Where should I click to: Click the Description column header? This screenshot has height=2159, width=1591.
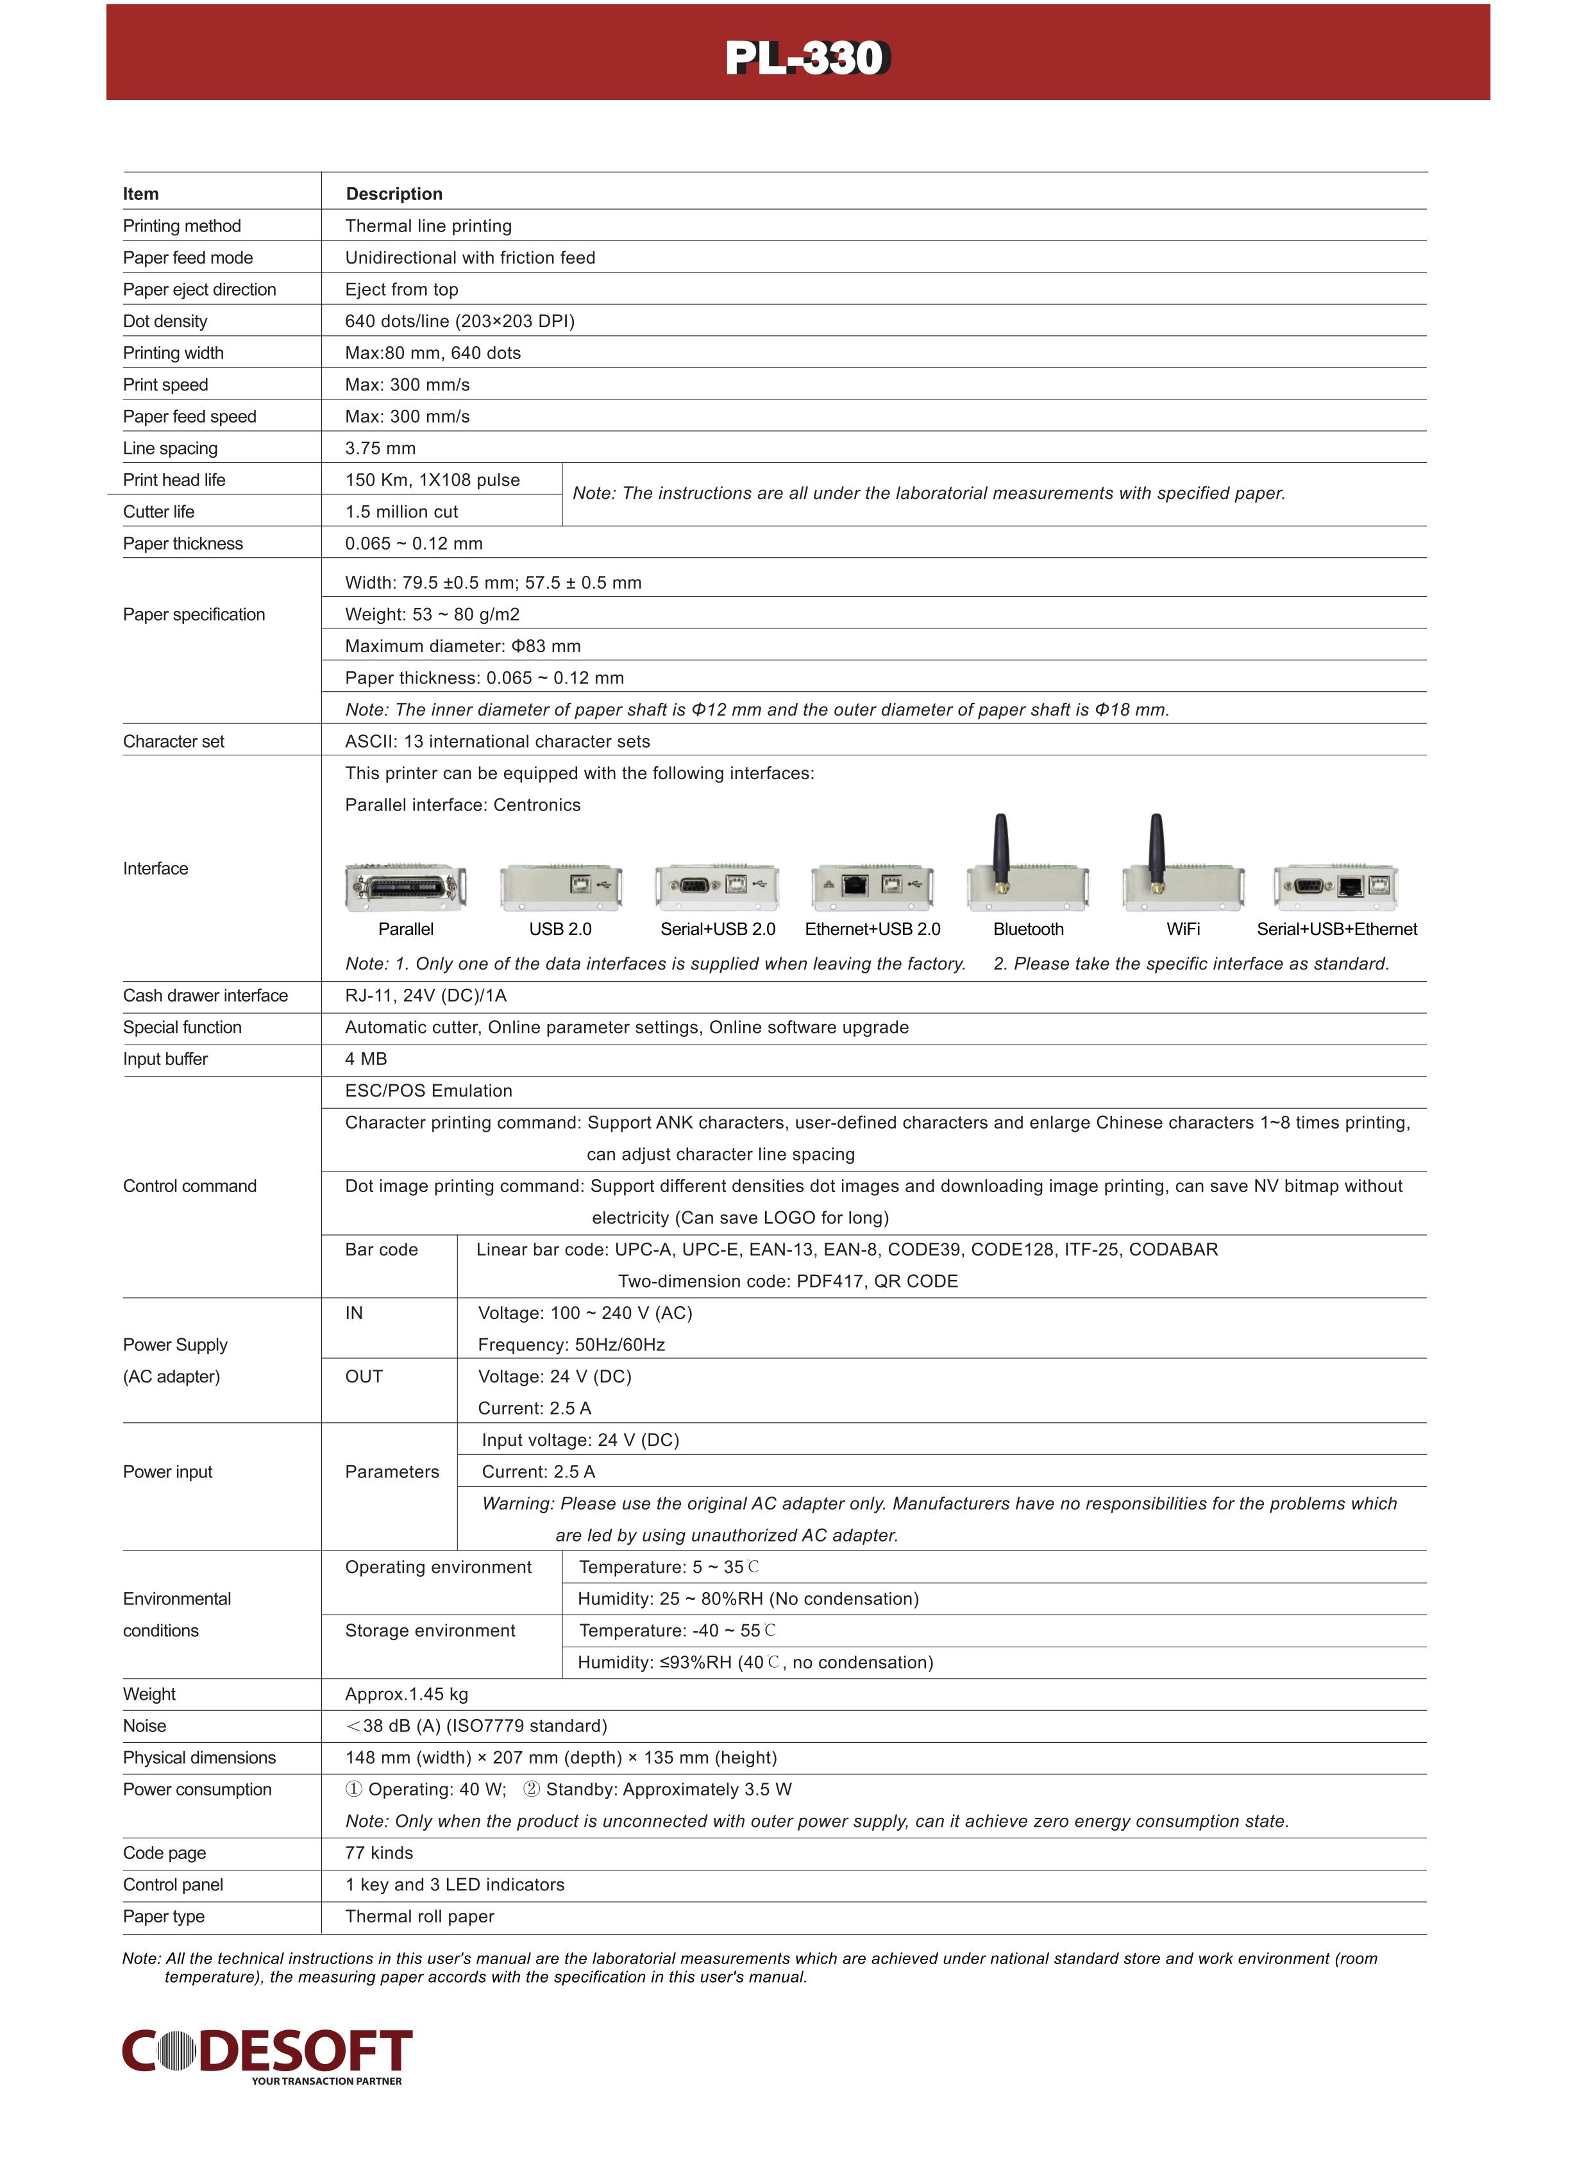point(394,194)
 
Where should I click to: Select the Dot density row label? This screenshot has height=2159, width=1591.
point(165,321)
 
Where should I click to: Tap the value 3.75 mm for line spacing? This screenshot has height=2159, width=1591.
point(380,448)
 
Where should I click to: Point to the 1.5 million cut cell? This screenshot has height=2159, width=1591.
point(401,511)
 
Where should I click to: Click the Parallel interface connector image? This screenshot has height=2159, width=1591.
point(405,887)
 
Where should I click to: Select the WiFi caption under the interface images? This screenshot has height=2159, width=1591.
point(1183,929)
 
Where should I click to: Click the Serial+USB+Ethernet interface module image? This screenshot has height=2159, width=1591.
point(1336,887)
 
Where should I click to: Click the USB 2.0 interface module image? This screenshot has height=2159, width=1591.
point(560,887)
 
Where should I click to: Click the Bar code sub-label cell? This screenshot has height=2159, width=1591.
point(382,1250)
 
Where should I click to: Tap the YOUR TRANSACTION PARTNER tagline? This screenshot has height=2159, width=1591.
point(326,2081)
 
